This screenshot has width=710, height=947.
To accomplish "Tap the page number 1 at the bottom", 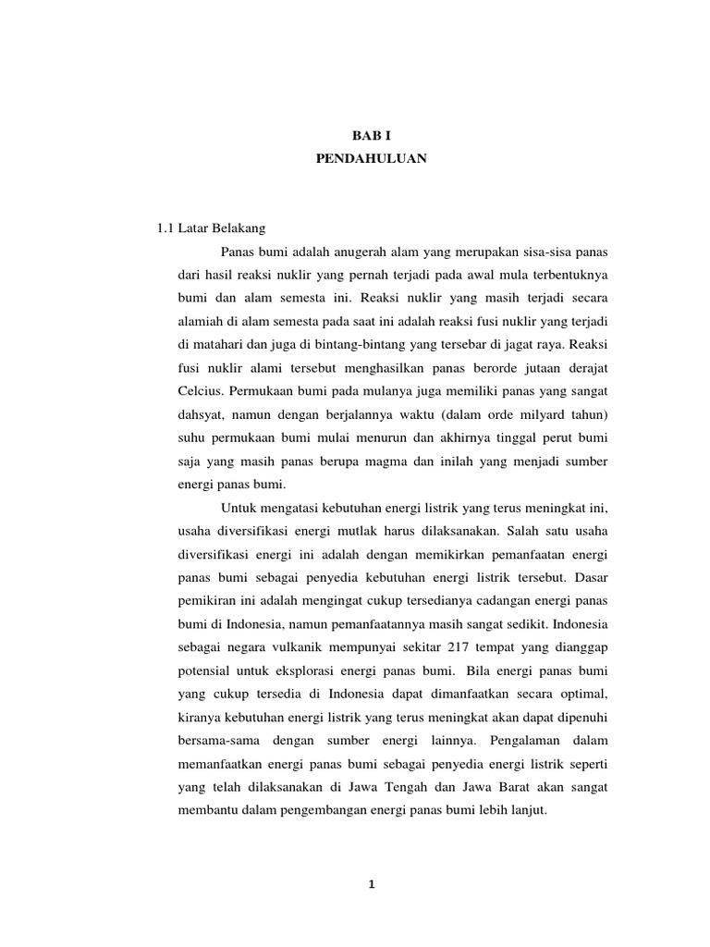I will pyautogui.click(x=371, y=884).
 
